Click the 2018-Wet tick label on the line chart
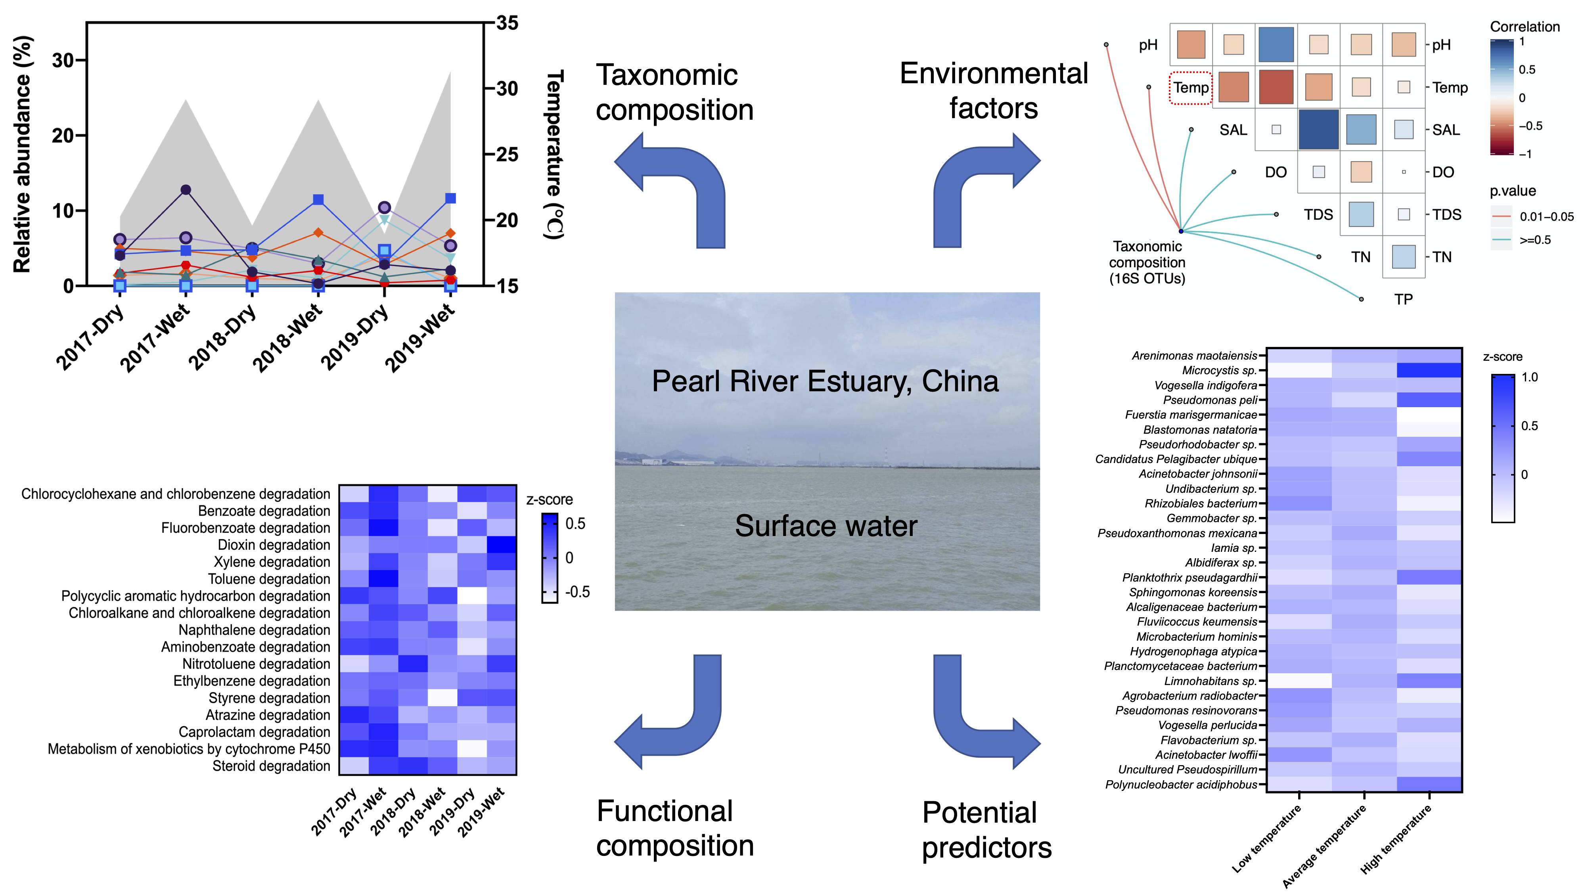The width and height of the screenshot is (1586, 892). (287, 338)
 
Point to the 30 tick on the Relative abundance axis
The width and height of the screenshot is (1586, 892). (63, 60)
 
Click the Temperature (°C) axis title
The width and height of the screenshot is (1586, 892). (554, 154)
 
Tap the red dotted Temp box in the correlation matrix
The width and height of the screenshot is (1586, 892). (1191, 87)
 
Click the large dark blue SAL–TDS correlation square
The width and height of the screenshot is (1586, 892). (1318, 129)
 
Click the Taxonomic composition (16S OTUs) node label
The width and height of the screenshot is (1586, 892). (1147, 262)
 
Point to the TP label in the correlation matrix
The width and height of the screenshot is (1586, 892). (1403, 299)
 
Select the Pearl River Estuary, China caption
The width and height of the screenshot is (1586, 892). (825, 381)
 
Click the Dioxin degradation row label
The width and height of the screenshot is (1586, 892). (274, 545)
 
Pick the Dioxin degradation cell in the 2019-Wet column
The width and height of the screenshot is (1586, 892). (501, 545)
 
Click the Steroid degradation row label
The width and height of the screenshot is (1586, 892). (272, 766)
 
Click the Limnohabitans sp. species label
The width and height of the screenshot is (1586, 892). (1211, 681)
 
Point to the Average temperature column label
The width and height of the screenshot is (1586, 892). (1324, 846)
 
